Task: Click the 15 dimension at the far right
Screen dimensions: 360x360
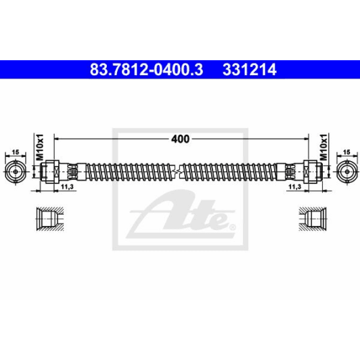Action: (346, 153)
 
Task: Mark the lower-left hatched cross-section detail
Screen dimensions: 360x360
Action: (46, 220)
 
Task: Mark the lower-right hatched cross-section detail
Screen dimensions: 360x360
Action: (315, 220)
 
